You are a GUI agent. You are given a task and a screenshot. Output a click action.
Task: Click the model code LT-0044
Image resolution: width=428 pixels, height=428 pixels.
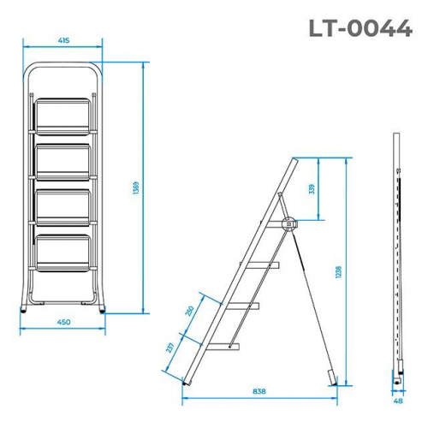(360, 27)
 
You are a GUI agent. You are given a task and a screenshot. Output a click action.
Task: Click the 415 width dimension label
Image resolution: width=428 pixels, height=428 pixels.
(63, 39)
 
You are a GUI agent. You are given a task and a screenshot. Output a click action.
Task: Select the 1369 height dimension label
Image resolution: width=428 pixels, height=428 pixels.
(137, 190)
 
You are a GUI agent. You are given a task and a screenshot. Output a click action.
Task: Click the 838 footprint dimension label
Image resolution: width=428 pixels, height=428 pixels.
(259, 391)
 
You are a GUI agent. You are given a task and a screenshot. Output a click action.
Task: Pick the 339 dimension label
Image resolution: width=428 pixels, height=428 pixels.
(312, 188)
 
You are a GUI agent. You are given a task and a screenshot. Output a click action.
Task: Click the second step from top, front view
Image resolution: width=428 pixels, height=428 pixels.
(63, 160)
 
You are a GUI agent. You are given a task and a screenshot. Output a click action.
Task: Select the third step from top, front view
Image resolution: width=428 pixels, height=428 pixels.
(63, 205)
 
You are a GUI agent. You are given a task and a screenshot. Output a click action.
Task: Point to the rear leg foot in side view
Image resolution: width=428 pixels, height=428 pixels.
(334, 375)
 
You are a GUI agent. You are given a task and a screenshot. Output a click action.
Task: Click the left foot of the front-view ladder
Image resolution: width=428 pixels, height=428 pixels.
(24, 310)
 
